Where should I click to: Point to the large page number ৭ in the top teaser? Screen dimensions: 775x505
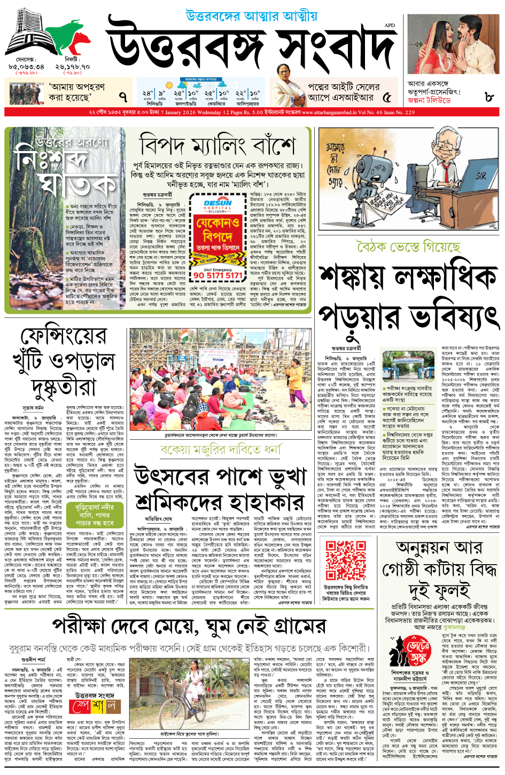click(x=123, y=97)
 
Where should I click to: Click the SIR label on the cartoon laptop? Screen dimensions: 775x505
click(x=480, y=175)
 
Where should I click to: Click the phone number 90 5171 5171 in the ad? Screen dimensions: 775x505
click(x=217, y=275)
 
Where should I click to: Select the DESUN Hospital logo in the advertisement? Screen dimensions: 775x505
click(x=217, y=205)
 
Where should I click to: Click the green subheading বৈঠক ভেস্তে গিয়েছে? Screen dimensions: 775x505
click(x=408, y=247)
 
